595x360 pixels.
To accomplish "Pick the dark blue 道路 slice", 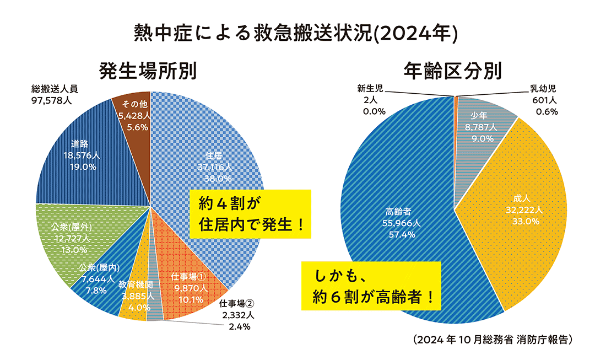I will (x=83, y=154).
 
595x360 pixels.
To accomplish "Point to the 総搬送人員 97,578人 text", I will (x=55, y=94).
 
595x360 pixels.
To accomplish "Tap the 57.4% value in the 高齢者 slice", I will (x=401, y=235).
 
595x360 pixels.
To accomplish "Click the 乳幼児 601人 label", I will (x=543, y=100).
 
